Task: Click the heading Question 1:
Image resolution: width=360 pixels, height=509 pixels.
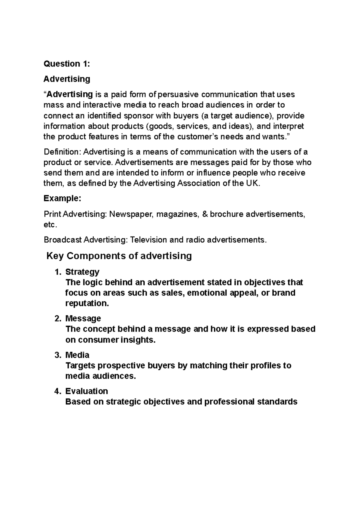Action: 67,64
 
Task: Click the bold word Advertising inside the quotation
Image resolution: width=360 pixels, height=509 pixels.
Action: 70,94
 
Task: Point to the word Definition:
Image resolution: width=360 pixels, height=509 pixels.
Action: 62,152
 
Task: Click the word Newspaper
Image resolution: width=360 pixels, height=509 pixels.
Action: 131,214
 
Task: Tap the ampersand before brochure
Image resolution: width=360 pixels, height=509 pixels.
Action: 205,214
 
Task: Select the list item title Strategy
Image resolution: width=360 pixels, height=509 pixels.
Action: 82,272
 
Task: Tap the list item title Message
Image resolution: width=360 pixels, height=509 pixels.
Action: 83,318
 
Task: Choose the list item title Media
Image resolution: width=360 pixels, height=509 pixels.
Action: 77,355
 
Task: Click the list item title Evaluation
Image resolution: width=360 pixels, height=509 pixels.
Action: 86,391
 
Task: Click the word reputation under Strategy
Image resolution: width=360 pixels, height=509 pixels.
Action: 86,303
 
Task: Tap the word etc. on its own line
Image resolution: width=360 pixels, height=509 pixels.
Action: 50,225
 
